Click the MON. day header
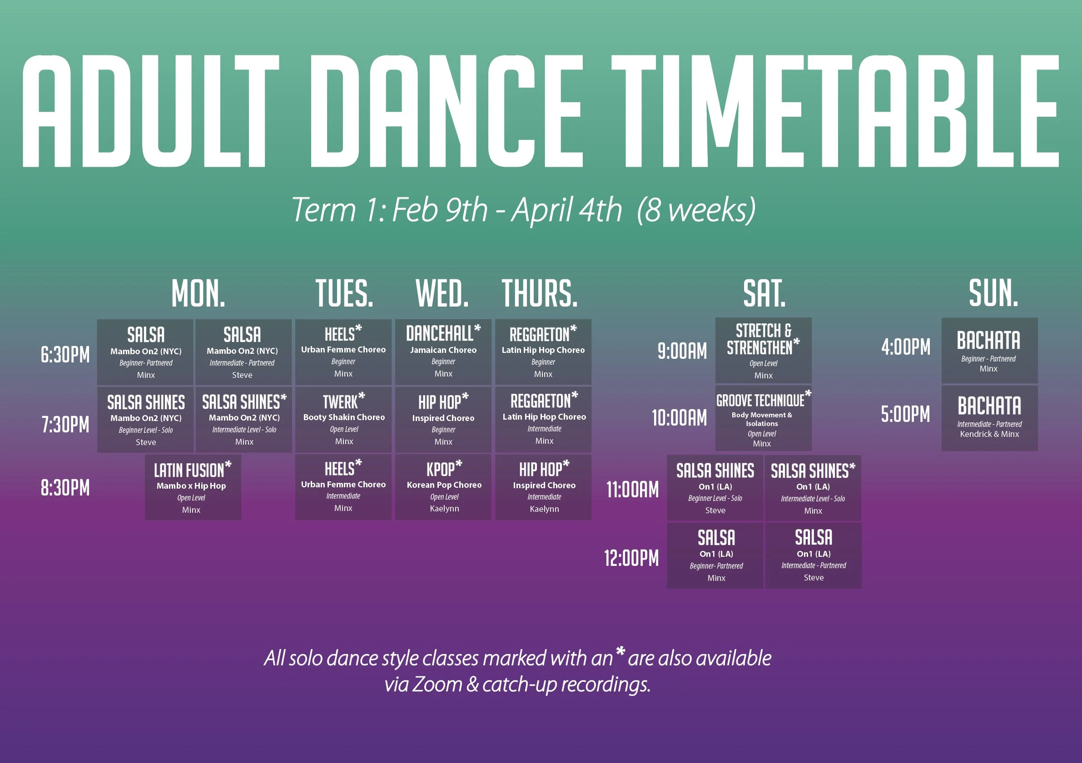199,293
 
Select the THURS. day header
540,293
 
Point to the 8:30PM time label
65,488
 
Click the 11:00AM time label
632,490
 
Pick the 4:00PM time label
906,347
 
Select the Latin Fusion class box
193,487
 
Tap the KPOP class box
443,487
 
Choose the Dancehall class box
443,352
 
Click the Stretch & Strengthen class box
764,351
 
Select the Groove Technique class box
764,418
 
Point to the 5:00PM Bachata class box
990,418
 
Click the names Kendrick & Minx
990,434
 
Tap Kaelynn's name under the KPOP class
444,509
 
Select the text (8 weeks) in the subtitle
696,210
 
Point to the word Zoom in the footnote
437,684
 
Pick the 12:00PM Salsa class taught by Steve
814,555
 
